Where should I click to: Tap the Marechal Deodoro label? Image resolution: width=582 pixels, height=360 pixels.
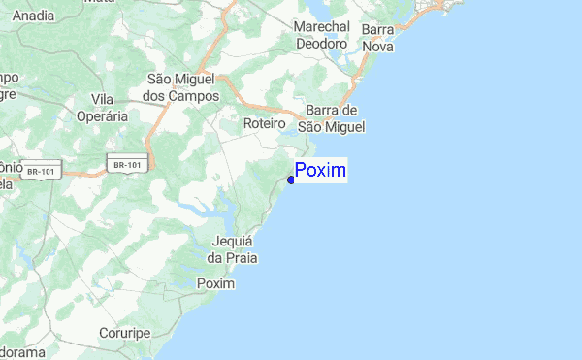(321, 36)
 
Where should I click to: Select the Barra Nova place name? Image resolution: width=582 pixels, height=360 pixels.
(377, 38)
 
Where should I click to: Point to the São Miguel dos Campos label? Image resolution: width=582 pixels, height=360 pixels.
(183, 87)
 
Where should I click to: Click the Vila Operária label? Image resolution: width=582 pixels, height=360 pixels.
(109, 107)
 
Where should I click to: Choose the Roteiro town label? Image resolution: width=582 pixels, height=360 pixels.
(264, 124)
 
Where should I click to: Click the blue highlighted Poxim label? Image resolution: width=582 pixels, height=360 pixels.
(321, 171)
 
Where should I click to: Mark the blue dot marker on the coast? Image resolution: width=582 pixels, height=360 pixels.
(291, 180)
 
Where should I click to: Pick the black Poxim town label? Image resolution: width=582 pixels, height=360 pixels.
(215, 283)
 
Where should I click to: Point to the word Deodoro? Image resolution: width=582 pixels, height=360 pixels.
(321, 44)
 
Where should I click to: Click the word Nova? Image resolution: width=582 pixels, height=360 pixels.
(377, 46)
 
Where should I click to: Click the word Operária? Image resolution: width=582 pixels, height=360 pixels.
(109, 115)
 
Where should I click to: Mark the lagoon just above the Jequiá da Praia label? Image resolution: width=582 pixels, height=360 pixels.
(215, 213)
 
